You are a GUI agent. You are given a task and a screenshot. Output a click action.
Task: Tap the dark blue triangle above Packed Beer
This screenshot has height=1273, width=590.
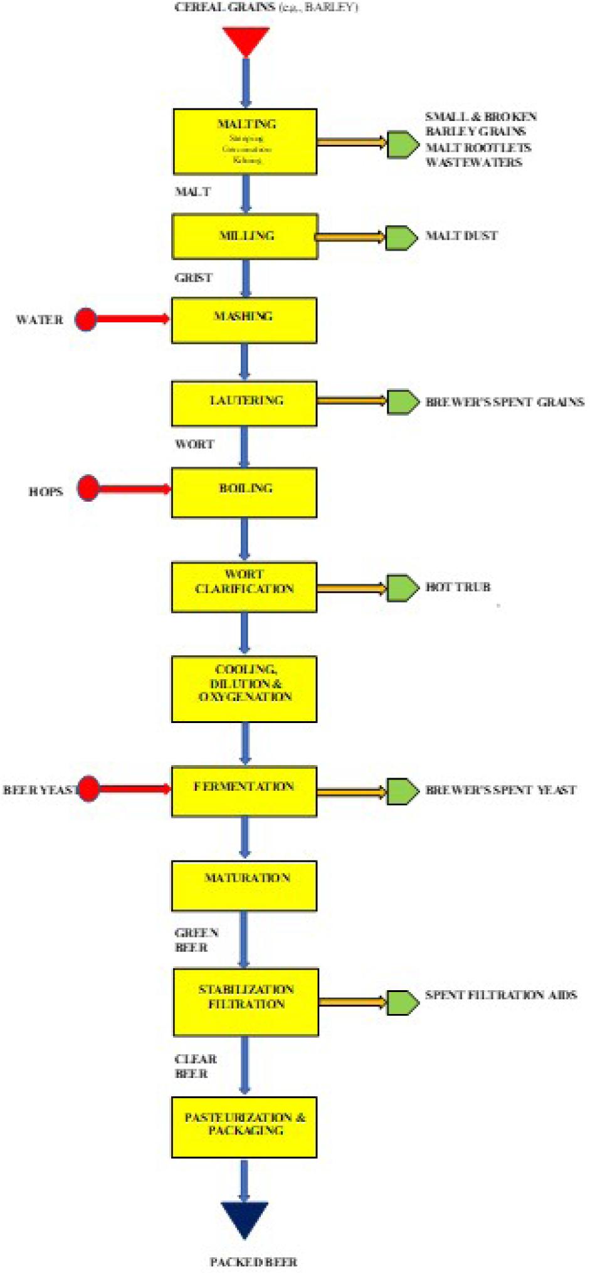245,1217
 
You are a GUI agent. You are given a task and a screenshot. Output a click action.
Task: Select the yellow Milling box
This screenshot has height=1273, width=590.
245,236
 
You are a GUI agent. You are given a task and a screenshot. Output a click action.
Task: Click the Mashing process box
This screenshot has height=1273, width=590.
244,320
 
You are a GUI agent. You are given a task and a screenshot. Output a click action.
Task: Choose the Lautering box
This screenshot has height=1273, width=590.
244,403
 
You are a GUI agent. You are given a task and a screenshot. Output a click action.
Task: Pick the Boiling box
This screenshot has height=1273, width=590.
244,492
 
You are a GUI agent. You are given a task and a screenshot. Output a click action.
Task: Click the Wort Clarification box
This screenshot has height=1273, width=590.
244,587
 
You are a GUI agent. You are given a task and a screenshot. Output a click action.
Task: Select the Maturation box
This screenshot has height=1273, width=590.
244,885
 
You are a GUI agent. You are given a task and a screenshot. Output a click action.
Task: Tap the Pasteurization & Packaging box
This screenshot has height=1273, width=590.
244,1127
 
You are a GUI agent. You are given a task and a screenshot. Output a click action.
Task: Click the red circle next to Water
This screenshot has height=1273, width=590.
86,319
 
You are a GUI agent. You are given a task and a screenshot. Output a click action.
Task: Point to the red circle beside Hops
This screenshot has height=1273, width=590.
88,488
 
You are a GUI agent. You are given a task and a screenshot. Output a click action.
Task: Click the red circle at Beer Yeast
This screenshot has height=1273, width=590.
89,788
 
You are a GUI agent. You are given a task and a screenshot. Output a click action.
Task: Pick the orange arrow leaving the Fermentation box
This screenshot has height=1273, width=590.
351,792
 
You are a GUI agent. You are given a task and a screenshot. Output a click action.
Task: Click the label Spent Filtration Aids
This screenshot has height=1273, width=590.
500,995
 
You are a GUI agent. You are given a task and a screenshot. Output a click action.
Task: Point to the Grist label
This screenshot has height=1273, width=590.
193,278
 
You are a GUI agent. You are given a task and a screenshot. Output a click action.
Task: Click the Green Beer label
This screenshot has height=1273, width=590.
196,940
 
